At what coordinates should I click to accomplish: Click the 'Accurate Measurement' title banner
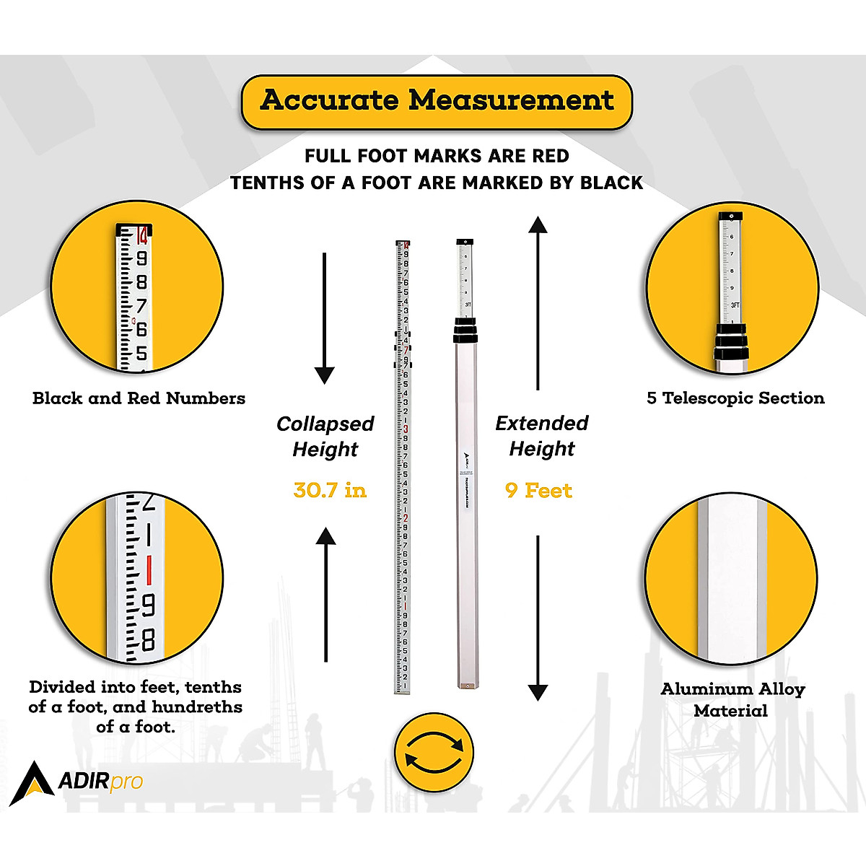[x=437, y=101]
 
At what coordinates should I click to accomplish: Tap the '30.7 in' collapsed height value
[x=330, y=491]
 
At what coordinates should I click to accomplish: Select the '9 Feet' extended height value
[x=538, y=491]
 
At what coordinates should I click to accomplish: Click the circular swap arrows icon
[x=434, y=753]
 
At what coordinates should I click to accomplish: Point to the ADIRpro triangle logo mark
[x=31, y=782]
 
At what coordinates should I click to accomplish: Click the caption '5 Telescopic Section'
[x=735, y=398]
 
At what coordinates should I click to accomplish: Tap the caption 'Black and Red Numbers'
[x=139, y=398]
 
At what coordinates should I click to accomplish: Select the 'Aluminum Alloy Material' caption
[x=732, y=699]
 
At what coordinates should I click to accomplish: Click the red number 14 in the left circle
[x=141, y=236]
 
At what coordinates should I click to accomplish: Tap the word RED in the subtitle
[x=551, y=156]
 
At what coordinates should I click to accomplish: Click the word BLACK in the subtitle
[x=611, y=183]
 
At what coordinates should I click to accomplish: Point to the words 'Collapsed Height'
[x=325, y=437]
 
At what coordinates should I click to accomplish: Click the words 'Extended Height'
[x=542, y=436]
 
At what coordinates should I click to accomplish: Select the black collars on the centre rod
[x=465, y=332]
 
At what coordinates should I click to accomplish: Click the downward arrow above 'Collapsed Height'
[x=325, y=318]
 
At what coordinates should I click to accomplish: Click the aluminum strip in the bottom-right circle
[x=731, y=577]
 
